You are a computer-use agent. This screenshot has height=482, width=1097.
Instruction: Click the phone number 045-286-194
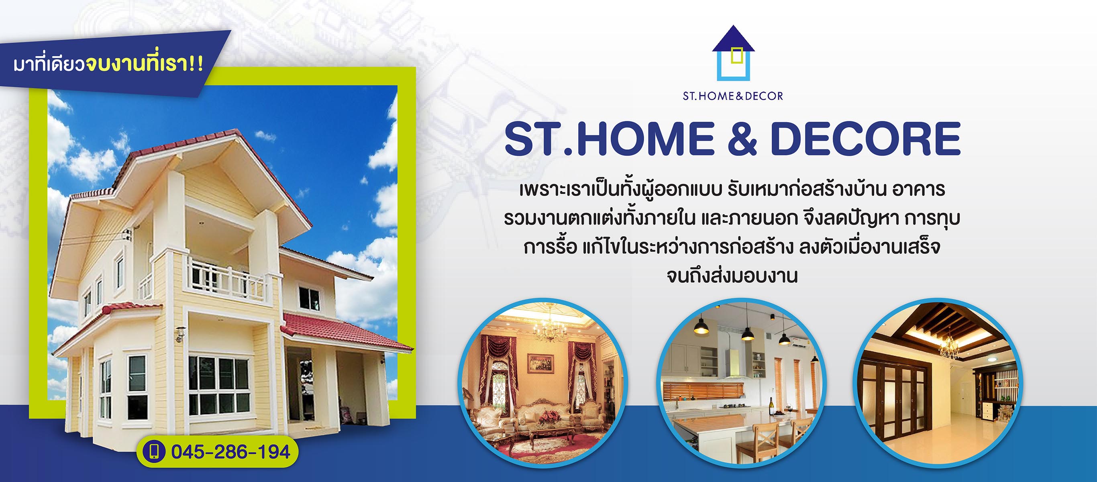[230, 452]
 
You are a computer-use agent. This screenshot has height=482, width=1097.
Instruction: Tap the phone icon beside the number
[154, 452]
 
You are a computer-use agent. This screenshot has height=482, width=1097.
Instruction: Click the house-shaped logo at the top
[733, 53]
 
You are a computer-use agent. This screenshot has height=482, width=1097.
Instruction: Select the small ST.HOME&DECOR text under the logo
[733, 96]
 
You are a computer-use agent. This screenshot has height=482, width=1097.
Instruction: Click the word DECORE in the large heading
[865, 139]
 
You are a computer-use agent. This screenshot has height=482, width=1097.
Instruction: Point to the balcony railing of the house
[226, 279]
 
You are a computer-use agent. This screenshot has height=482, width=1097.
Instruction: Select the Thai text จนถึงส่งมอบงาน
[732, 276]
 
